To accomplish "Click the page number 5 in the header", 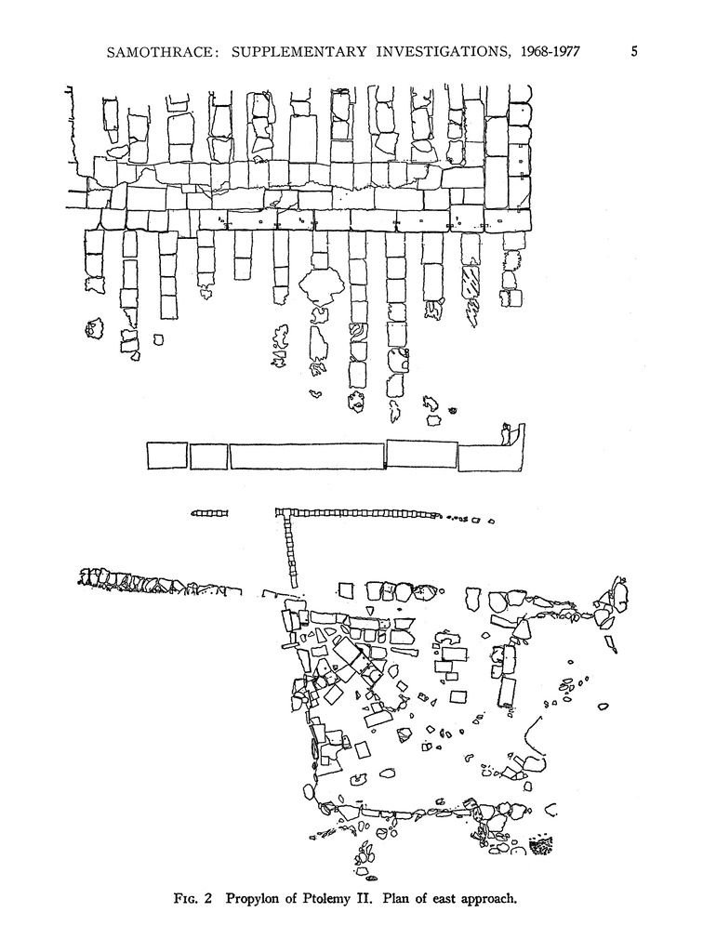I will tap(633, 51).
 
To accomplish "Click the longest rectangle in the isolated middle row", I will tap(307, 456).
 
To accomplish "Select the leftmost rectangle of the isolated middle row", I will tap(166, 456).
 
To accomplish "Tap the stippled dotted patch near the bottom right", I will tap(539, 844).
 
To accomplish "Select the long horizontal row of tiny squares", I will tap(358, 512).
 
